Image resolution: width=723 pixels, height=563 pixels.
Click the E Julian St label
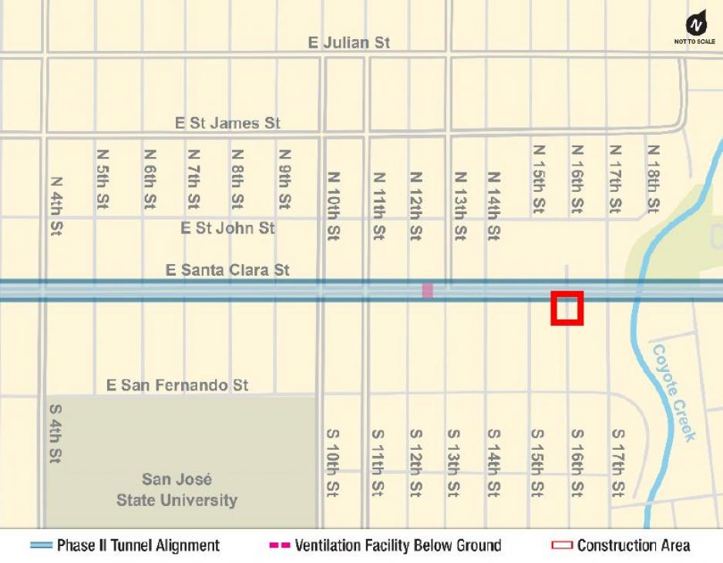coord(349,42)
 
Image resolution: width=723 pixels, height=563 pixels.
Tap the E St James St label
coord(227,122)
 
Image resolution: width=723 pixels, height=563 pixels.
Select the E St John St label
coord(227,228)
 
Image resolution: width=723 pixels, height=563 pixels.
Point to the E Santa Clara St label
coord(228,270)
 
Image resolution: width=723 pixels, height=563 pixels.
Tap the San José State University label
coord(177,490)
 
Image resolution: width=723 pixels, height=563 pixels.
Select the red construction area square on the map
coord(567,308)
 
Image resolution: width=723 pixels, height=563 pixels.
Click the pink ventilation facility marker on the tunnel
coord(428,290)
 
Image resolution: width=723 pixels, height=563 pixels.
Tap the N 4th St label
coord(55,206)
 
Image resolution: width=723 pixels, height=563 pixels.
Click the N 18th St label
coord(653,179)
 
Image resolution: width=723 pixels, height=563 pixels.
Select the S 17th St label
coord(617,462)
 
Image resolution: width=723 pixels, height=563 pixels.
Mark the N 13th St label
coord(460,206)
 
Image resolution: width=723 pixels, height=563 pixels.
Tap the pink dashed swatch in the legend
coord(278,545)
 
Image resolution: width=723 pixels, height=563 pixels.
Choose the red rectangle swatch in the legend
coord(562,545)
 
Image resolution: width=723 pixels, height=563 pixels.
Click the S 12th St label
coord(415,462)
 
